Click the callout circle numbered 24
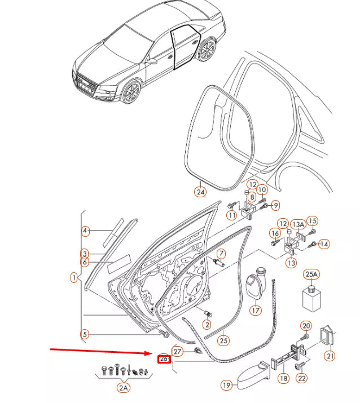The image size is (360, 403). [200, 192]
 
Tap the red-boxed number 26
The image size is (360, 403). [164, 358]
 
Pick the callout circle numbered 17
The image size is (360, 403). [256, 309]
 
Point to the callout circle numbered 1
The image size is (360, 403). [74, 277]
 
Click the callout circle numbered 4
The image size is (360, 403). [85, 231]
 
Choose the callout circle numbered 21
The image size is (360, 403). [328, 355]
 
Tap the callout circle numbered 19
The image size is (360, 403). [226, 386]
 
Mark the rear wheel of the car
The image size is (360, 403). [207, 50]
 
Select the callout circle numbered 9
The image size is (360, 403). [276, 204]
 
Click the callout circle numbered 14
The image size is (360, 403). [324, 244]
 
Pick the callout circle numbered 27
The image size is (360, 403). [178, 351]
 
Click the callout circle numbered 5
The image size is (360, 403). [84, 334]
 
